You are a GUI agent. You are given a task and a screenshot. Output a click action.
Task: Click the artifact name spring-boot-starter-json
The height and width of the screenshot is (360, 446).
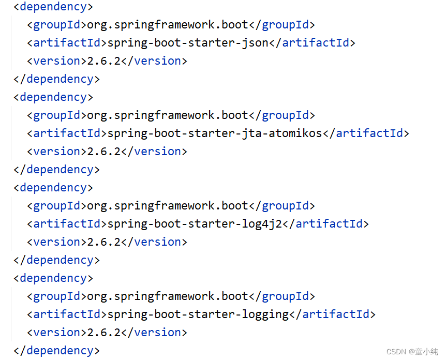[188, 42]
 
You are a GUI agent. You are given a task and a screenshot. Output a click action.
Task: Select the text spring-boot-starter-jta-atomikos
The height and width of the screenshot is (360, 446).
[215, 133]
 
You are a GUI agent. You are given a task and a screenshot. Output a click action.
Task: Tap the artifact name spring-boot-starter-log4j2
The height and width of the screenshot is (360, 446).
[195, 223]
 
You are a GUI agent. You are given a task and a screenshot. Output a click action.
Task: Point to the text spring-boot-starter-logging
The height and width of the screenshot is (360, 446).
[198, 314]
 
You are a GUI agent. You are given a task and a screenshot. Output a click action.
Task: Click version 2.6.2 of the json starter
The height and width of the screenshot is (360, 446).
[103, 61]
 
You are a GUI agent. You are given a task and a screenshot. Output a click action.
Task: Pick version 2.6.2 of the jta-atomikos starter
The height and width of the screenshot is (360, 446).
[103, 151]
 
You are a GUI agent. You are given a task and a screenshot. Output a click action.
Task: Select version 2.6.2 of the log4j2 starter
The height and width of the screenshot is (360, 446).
[103, 242]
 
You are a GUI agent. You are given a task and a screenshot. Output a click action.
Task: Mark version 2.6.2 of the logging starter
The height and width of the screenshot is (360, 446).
[103, 332]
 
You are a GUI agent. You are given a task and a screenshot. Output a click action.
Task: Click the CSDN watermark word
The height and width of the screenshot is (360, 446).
[396, 351]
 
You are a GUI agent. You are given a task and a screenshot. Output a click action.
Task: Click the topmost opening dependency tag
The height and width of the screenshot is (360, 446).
[53, 7]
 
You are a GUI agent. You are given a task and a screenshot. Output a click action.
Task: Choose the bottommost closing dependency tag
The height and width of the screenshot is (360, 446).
[56, 350]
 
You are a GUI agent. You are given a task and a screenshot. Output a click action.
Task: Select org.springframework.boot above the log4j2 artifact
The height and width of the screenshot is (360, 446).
[168, 205]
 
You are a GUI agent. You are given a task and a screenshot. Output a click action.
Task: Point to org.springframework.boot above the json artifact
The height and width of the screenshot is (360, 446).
[168, 24]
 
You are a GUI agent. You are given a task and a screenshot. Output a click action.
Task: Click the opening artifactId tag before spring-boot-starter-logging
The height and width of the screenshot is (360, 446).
[67, 314]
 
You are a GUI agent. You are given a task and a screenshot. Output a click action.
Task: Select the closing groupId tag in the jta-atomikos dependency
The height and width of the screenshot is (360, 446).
[282, 115]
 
